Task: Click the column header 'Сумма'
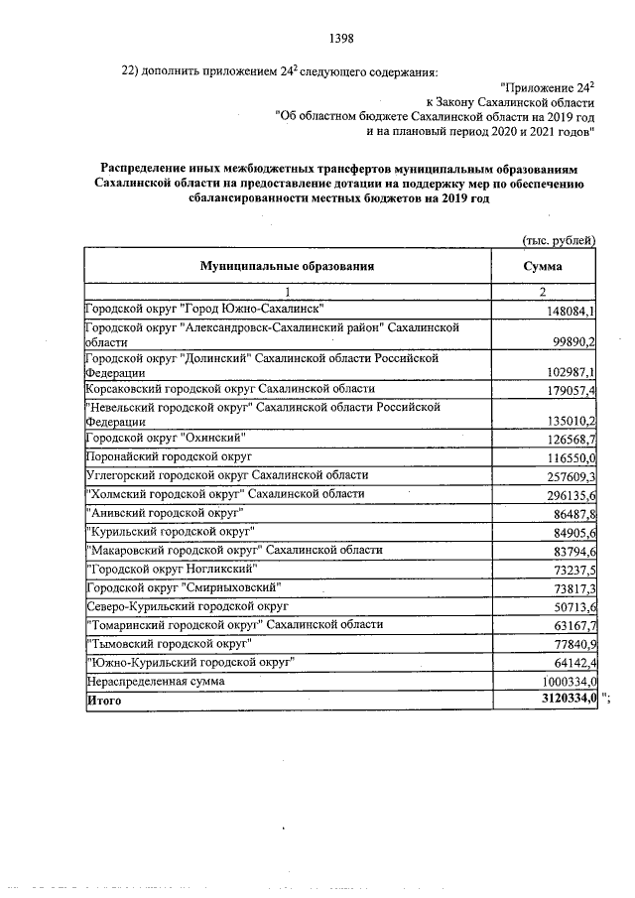tap(542, 267)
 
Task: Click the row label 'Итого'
tap(104, 701)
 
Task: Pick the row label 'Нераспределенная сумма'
tap(155, 683)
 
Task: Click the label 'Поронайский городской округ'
tap(166, 457)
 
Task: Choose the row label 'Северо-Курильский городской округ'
tap(187, 605)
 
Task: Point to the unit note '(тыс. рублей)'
tap(559, 239)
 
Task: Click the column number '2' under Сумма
tap(543, 292)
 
